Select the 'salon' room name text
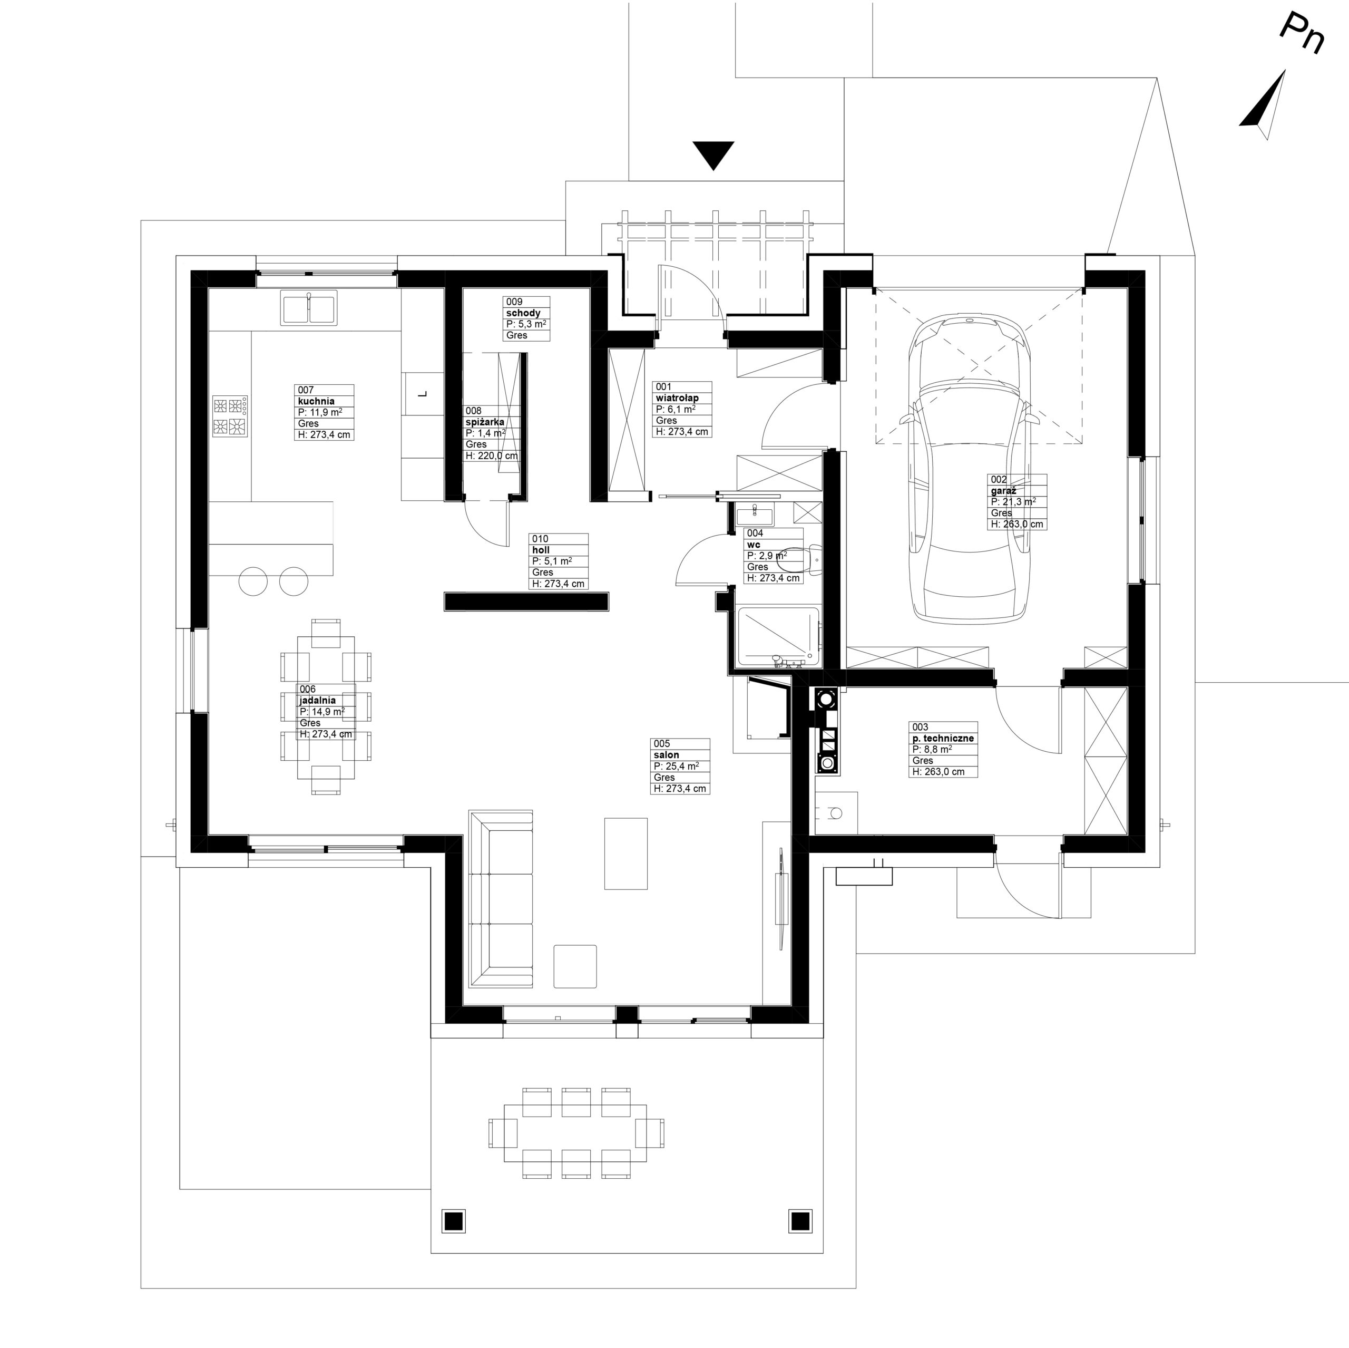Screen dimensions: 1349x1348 667,755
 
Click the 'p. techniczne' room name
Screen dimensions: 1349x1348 943,738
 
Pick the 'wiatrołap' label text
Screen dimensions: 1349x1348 677,398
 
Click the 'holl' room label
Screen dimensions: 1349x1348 541,550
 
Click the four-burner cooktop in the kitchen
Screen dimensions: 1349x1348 230,416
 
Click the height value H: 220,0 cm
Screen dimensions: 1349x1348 492,456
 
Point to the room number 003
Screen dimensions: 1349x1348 920,727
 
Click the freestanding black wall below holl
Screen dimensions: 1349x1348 526,602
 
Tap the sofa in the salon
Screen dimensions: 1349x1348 501,899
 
